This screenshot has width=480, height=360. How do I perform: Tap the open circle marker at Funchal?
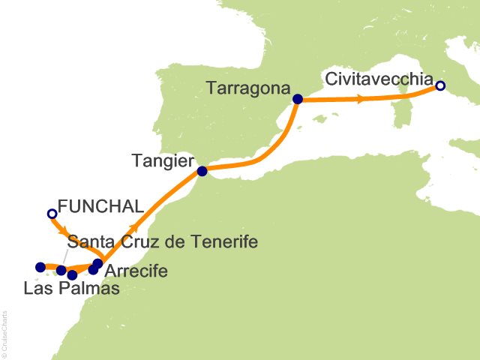pos(52,214)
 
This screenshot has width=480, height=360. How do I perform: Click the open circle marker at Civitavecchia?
pos(440,86)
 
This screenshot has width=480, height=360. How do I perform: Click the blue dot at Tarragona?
pos(298,98)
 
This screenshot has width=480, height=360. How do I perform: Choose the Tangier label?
pos(163,160)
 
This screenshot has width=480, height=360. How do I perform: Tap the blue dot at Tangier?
pos(202,171)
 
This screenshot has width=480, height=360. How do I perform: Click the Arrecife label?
pos(136,270)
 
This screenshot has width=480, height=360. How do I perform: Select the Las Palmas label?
pos(71,288)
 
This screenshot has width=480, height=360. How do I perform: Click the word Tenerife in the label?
pos(223,242)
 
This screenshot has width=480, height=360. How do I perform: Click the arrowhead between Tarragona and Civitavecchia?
pos(361,98)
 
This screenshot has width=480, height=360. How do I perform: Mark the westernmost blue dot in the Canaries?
pos(40,267)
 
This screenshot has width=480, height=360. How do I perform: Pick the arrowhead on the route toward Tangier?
pos(135,226)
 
